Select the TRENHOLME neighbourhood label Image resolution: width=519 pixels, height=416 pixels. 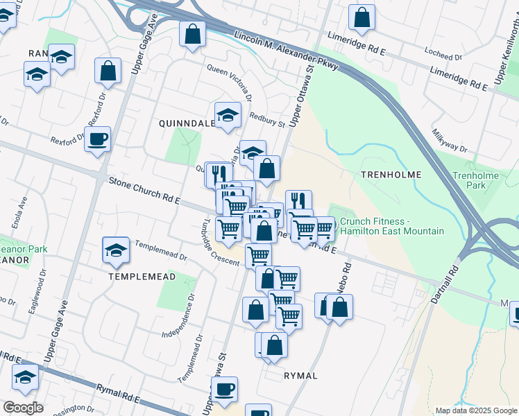point(387,175)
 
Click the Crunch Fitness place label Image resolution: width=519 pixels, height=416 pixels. point(391,225)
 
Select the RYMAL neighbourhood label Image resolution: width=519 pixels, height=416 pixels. point(300,376)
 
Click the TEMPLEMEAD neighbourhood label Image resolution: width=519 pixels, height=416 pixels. point(142,275)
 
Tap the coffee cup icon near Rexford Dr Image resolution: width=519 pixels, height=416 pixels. point(97,139)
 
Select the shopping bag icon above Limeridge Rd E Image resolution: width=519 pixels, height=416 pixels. point(361,17)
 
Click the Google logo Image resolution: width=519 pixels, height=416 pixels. point(23,408)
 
